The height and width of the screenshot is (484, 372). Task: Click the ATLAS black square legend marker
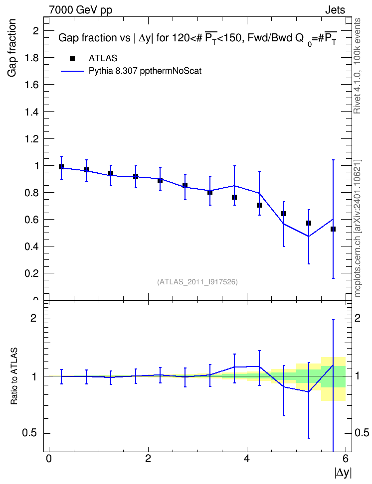[72, 59]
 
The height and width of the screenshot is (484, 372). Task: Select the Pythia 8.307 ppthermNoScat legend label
[145, 71]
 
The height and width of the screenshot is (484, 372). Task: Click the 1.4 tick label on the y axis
[32, 112]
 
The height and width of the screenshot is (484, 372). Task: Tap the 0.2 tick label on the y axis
[32, 273]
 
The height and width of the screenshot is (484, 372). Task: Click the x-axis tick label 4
[247, 459]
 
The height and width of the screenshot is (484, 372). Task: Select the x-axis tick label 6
[346, 459]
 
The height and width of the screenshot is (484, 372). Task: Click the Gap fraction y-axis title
[12, 48]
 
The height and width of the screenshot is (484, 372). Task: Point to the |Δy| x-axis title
[343, 473]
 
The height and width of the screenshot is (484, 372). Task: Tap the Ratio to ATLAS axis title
[14, 376]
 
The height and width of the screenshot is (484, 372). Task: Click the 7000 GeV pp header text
[80, 10]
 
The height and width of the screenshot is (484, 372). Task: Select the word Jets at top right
[335, 10]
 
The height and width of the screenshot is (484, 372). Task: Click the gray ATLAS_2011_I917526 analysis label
[197, 282]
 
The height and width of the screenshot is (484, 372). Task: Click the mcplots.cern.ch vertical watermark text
[358, 229]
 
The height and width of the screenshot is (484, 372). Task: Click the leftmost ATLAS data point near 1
[61, 167]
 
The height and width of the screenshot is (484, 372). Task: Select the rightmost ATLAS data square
[333, 229]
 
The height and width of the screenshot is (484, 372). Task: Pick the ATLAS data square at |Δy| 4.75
[284, 214]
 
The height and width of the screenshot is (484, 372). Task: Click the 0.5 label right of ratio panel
[362, 433]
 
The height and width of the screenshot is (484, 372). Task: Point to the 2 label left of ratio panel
[33, 318]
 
